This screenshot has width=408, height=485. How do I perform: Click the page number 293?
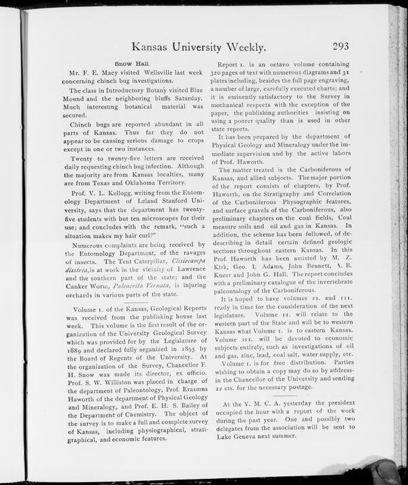point(347,46)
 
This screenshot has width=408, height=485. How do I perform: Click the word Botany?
point(171,90)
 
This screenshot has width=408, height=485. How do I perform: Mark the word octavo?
point(275,62)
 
